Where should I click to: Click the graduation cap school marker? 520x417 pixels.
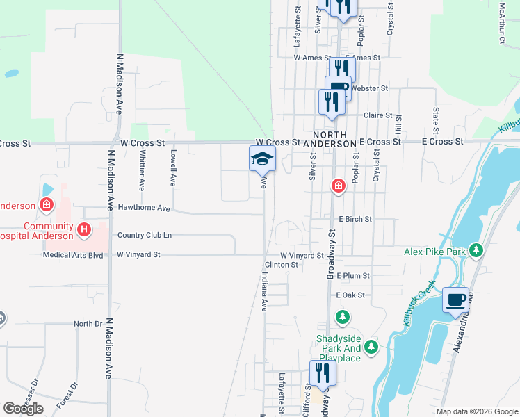point(262,159)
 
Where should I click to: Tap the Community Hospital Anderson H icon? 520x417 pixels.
point(84,228)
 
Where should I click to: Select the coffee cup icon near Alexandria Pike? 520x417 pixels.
point(455,300)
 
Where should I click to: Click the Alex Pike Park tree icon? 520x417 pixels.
point(476,250)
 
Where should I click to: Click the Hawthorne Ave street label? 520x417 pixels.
point(144,208)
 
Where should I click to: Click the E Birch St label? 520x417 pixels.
point(355,219)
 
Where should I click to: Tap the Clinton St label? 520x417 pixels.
point(281,265)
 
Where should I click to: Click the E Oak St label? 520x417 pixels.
point(350,295)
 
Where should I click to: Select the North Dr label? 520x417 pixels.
point(88,324)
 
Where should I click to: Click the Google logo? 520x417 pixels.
point(23,409)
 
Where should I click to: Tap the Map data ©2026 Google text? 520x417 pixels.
point(477,411)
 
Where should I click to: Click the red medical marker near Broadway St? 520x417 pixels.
point(337,186)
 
